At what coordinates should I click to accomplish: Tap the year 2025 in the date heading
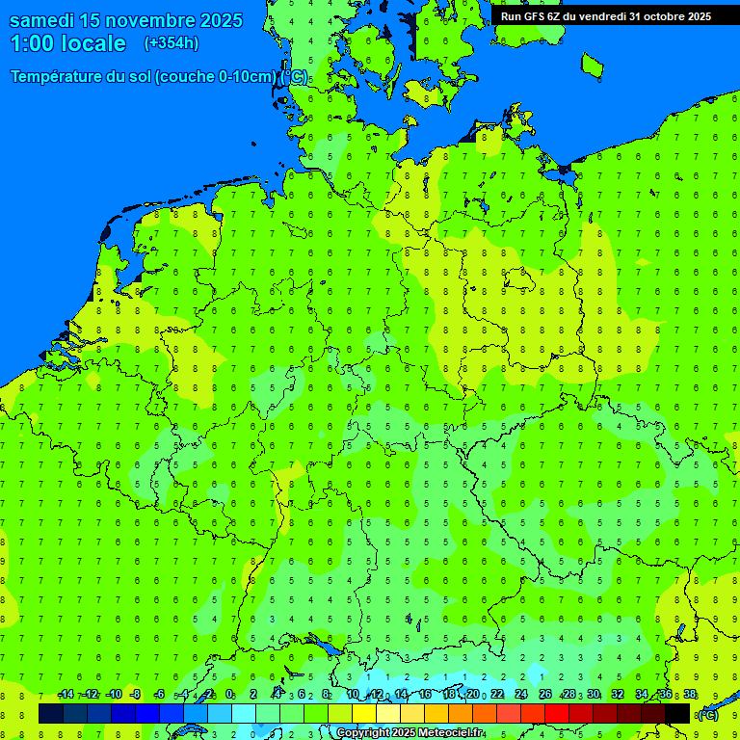pyautogui.click(x=235, y=20)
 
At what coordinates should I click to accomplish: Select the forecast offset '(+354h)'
pyautogui.click(x=172, y=43)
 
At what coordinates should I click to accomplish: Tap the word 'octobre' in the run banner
pyautogui.click(x=656, y=16)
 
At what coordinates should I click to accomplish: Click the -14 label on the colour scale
pyautogui.click(x=66, y=695)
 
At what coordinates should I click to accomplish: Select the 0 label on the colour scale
pyautogui.click(x=229, y=695)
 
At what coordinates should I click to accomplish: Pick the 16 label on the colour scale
pyautogui.click(x=425, y=695)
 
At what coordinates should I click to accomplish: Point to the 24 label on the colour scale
pyautogui.click(x=521, y=695)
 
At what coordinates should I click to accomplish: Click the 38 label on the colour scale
pyautogui.click(x=690, y=695)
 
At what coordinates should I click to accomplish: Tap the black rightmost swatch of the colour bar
pyautogui.click(x=677, y=713)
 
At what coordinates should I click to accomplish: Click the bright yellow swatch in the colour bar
pyautogui.click(x=364, y=713)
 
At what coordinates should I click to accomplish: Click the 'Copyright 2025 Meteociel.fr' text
pyautogui.click(x=410, y=733)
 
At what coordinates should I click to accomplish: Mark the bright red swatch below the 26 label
pyautogui.click(x=557, y=713)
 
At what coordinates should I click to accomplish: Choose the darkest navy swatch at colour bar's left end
pyautogui.click(x=51, y=713)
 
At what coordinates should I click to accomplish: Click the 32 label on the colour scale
pyautogui.click(x=618, y=695)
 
